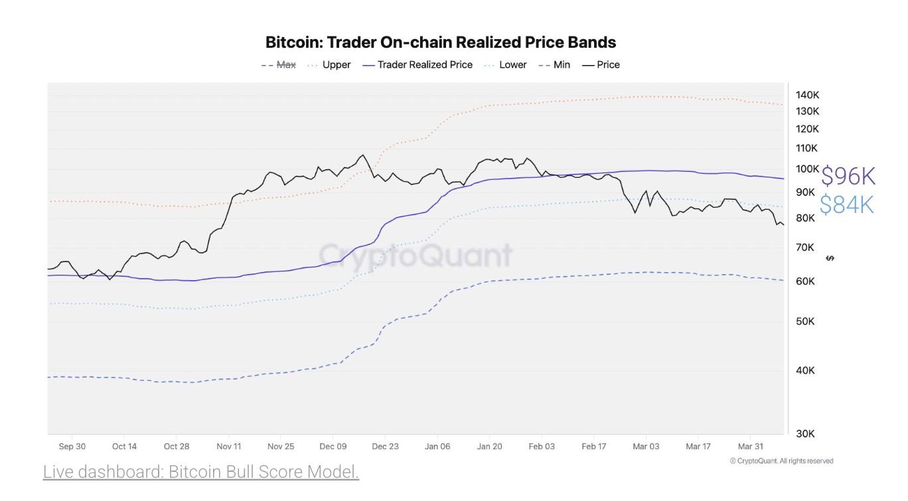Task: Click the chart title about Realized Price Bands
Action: point(441,42)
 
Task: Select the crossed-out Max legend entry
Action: point(279,65)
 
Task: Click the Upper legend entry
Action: point(330,65)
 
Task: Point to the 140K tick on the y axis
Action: point(806,95)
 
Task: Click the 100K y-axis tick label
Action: point(806,169)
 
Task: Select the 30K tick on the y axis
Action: point(805,433)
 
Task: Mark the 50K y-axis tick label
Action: point(805,321)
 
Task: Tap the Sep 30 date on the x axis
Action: point(72,447)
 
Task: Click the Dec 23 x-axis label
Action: point(385,447)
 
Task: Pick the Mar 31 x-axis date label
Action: point(750,447)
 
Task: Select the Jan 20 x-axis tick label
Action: point(489,447)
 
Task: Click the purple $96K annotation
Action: point(848,177)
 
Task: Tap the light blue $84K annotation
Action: point(847,205)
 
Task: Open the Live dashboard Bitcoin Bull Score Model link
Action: point(201,472)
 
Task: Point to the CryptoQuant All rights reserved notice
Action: point(781,461)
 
